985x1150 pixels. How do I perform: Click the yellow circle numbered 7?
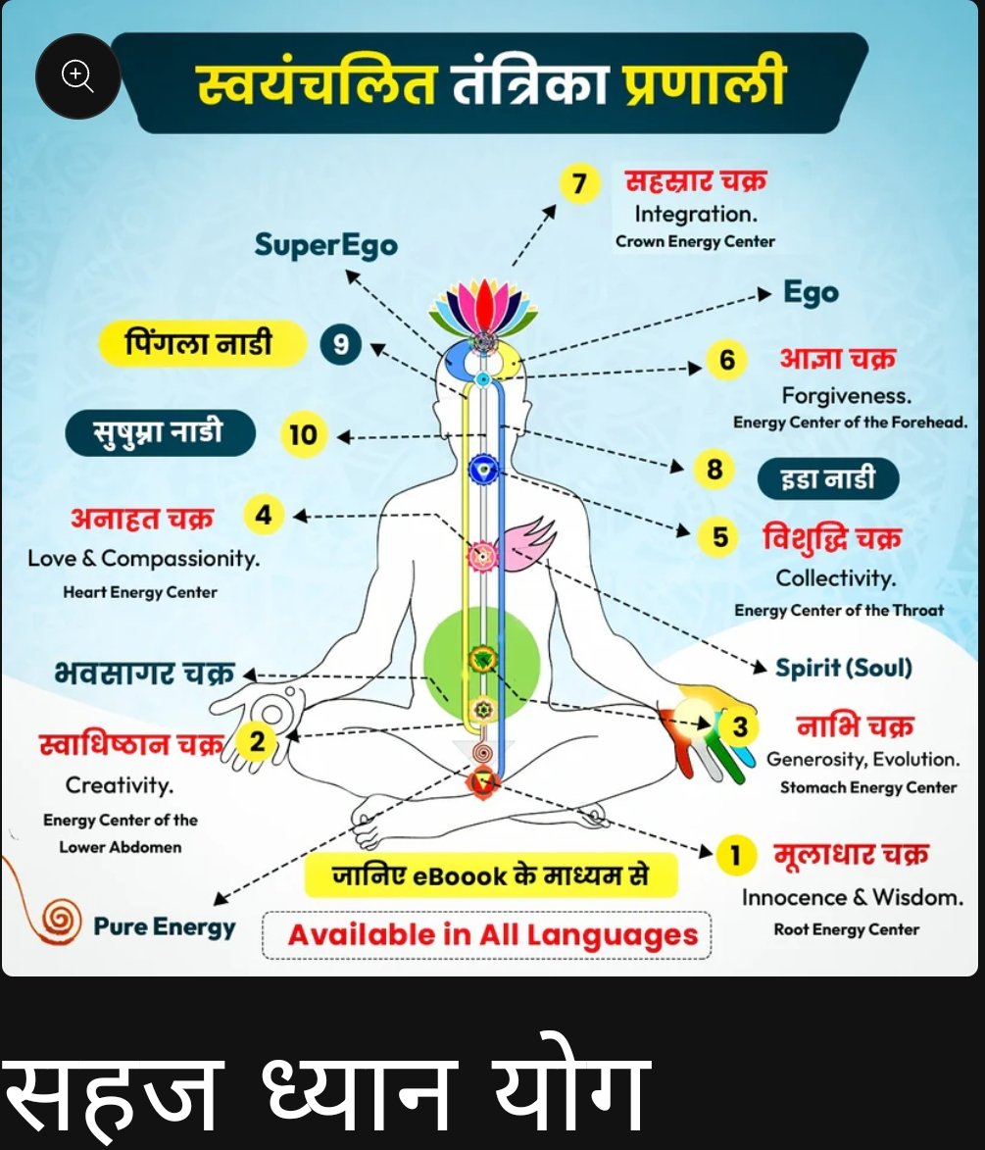579,184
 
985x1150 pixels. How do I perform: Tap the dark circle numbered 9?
341,344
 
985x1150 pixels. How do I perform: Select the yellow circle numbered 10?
304,434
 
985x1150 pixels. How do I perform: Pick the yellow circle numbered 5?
720,537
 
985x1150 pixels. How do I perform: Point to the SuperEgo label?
325,244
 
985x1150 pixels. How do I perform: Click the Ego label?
811,293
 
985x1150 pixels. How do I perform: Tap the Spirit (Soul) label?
844,668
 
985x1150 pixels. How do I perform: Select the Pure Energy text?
165,926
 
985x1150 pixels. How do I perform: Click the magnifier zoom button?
77,76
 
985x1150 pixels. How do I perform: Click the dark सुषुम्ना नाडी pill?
160,433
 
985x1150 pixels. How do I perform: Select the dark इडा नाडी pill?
828,479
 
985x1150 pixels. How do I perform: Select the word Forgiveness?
847,396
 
